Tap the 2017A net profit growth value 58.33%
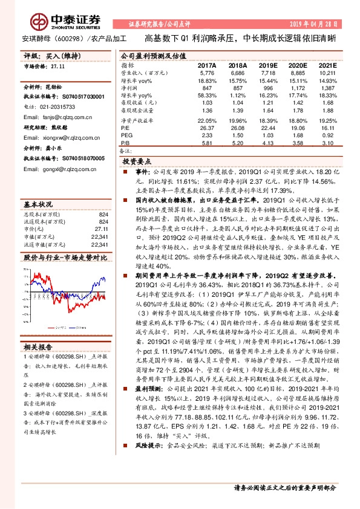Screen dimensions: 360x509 207,96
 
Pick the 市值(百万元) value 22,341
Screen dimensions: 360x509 99,221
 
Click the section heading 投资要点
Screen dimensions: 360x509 136,162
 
